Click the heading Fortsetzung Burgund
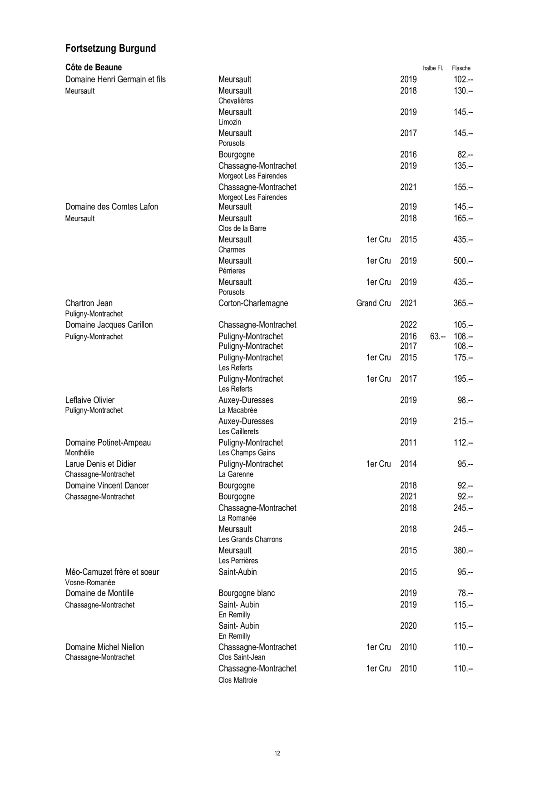pos(110,49)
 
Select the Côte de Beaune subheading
pos(94,67)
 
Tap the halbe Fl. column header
pos(433,68)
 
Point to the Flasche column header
pos(461,68)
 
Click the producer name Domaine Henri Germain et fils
pos(115,79)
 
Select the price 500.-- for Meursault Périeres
pos(463,261)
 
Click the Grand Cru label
pos(373,303)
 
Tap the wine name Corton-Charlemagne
pos(253,303)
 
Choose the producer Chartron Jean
pos(89,303)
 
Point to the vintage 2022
pos(408,325)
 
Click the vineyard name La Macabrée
pos(238,410)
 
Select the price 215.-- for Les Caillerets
pos(463,422)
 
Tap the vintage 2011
pos(408,442)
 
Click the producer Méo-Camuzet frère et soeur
pos(112,572)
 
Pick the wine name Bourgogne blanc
pos(247,593)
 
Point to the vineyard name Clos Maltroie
pos(238,680)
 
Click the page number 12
pos(277,753)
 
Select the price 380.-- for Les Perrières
pos(463,551)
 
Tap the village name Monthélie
pos(79,453)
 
